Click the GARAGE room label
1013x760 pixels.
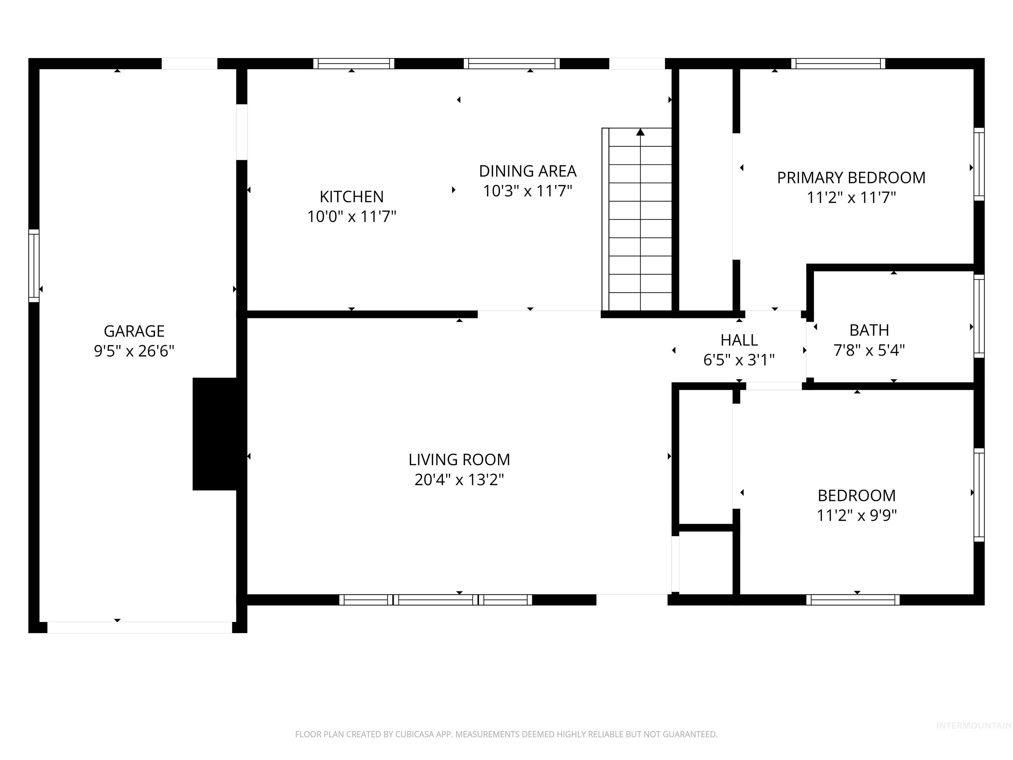[134, 331]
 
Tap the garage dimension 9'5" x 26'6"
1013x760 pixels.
[134, 351]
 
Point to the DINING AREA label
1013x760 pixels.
[528, 171]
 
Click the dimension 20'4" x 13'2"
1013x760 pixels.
[459, 480]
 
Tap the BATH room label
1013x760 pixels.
[869, 330]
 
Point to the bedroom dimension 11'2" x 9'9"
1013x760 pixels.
[856, 515]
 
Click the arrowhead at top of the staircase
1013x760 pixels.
[640, 132]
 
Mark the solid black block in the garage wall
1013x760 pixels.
[215, 434]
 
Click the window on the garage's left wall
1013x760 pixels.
[34, 266]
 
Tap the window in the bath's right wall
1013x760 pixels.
[979, 316]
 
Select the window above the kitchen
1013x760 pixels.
[353, 64]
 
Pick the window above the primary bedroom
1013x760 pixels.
[838, 64]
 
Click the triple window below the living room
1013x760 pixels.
[436, 600]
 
